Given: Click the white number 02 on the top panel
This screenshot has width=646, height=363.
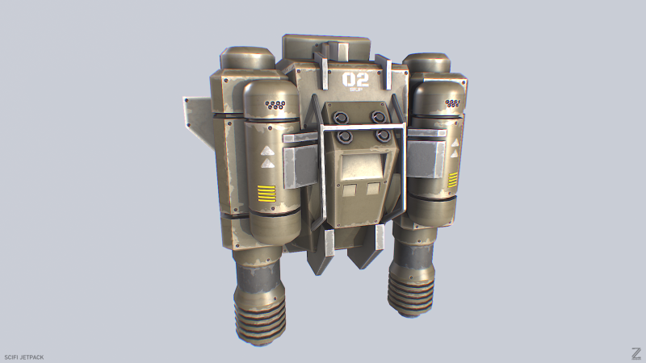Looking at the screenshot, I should [x=355, y=79].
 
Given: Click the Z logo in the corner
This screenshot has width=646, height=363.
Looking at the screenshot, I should [x=636, y=353].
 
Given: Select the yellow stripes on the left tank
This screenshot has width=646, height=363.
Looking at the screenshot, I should [x=266, y=193].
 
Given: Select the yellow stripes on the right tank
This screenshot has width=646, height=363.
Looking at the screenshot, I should [x=452, y=178].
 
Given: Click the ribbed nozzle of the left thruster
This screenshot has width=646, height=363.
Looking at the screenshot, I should [x=261, y=311].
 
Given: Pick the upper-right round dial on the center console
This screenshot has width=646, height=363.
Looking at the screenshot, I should [x=378, y=116].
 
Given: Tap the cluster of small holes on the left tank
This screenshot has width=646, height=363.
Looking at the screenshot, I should [x=275, y=105].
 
